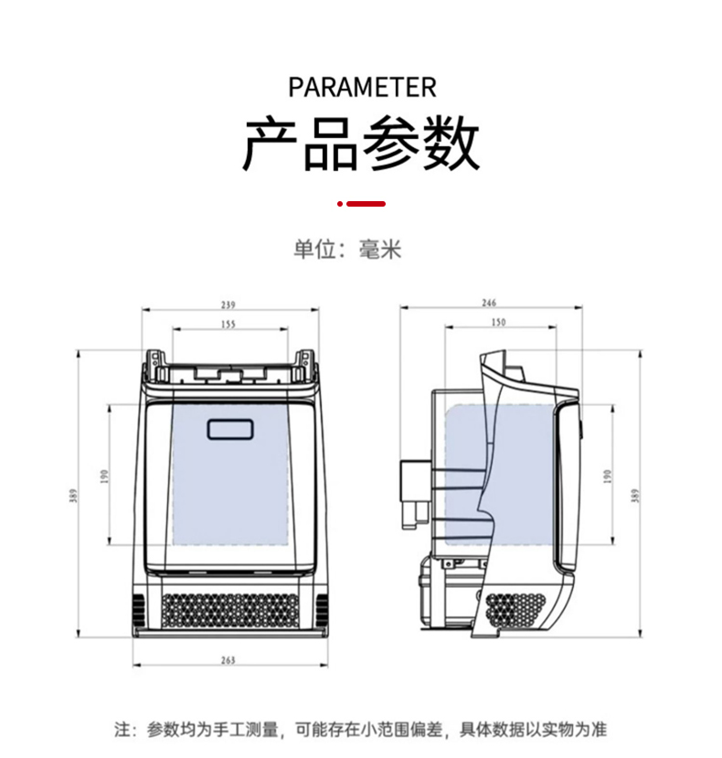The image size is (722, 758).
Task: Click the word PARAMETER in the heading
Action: (x=362, y=88)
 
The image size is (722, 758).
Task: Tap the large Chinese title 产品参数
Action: (x=361, y=144)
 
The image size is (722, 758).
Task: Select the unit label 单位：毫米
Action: (x=347, y=250)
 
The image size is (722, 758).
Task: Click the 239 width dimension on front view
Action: (x=228, y=304)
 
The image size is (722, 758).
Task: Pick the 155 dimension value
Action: (x=228, y=324)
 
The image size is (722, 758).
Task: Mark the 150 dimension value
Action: (x=498, y=323)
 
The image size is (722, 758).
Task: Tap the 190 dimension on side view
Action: (x=608, y=475)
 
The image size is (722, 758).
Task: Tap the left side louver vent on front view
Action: (x=138, y=607)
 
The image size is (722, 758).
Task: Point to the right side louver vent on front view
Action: (x=321, y=607)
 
